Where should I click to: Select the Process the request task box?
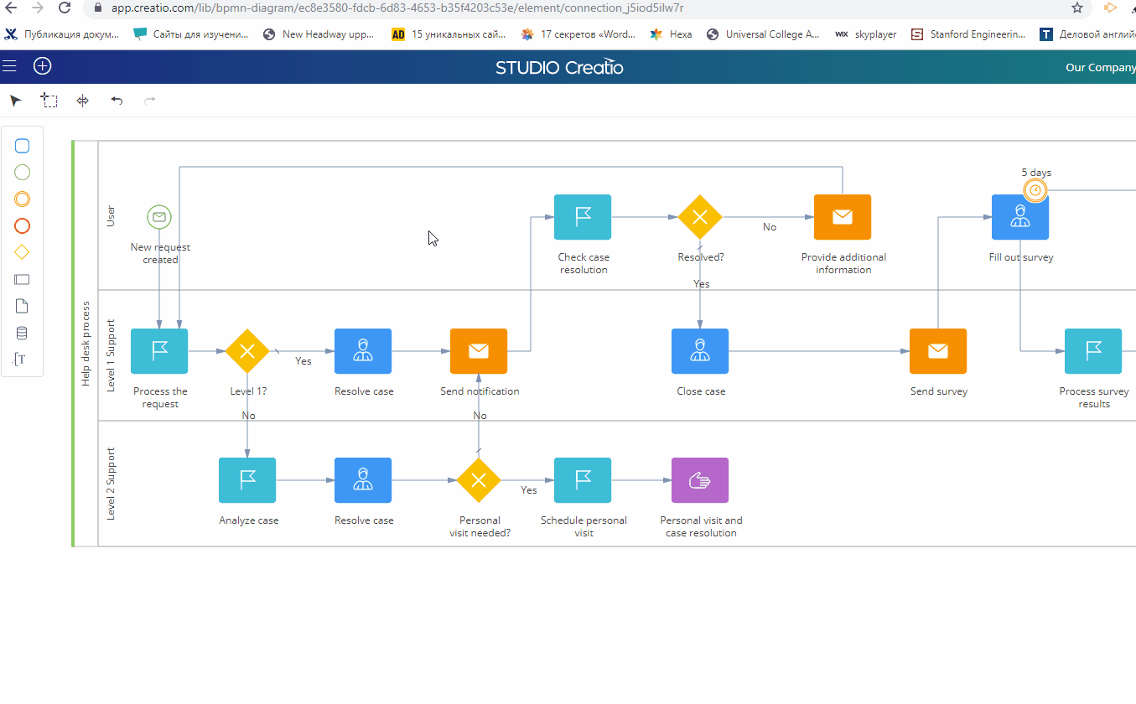[x=159, y=351]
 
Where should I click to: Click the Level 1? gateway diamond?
[x=247, y=351]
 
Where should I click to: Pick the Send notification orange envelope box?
[x=479, y=351]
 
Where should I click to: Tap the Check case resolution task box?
[x=583, y=217]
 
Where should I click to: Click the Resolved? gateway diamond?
[x=700, y=217]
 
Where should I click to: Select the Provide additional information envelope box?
[x=843, y=217]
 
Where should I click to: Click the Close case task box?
[x=700, y=351]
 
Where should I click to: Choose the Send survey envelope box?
[x=938, y=351]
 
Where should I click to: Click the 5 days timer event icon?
[x=1035, y=190]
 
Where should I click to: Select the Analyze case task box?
[x=247, y=480]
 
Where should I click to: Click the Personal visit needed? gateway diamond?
[x=479, y=480]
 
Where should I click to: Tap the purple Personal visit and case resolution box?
[x=700, y=480]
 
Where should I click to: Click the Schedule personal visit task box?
[x=583, y=480]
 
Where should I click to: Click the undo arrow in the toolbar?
[x=117, y=101]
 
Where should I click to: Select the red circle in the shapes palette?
[x=22, y=226]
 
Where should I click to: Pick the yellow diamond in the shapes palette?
[x=22, y=252]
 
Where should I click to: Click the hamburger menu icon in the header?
[x=9, y=66]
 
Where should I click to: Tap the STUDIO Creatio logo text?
[x=559, y=67]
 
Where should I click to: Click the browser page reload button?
[x=65, y=8]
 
